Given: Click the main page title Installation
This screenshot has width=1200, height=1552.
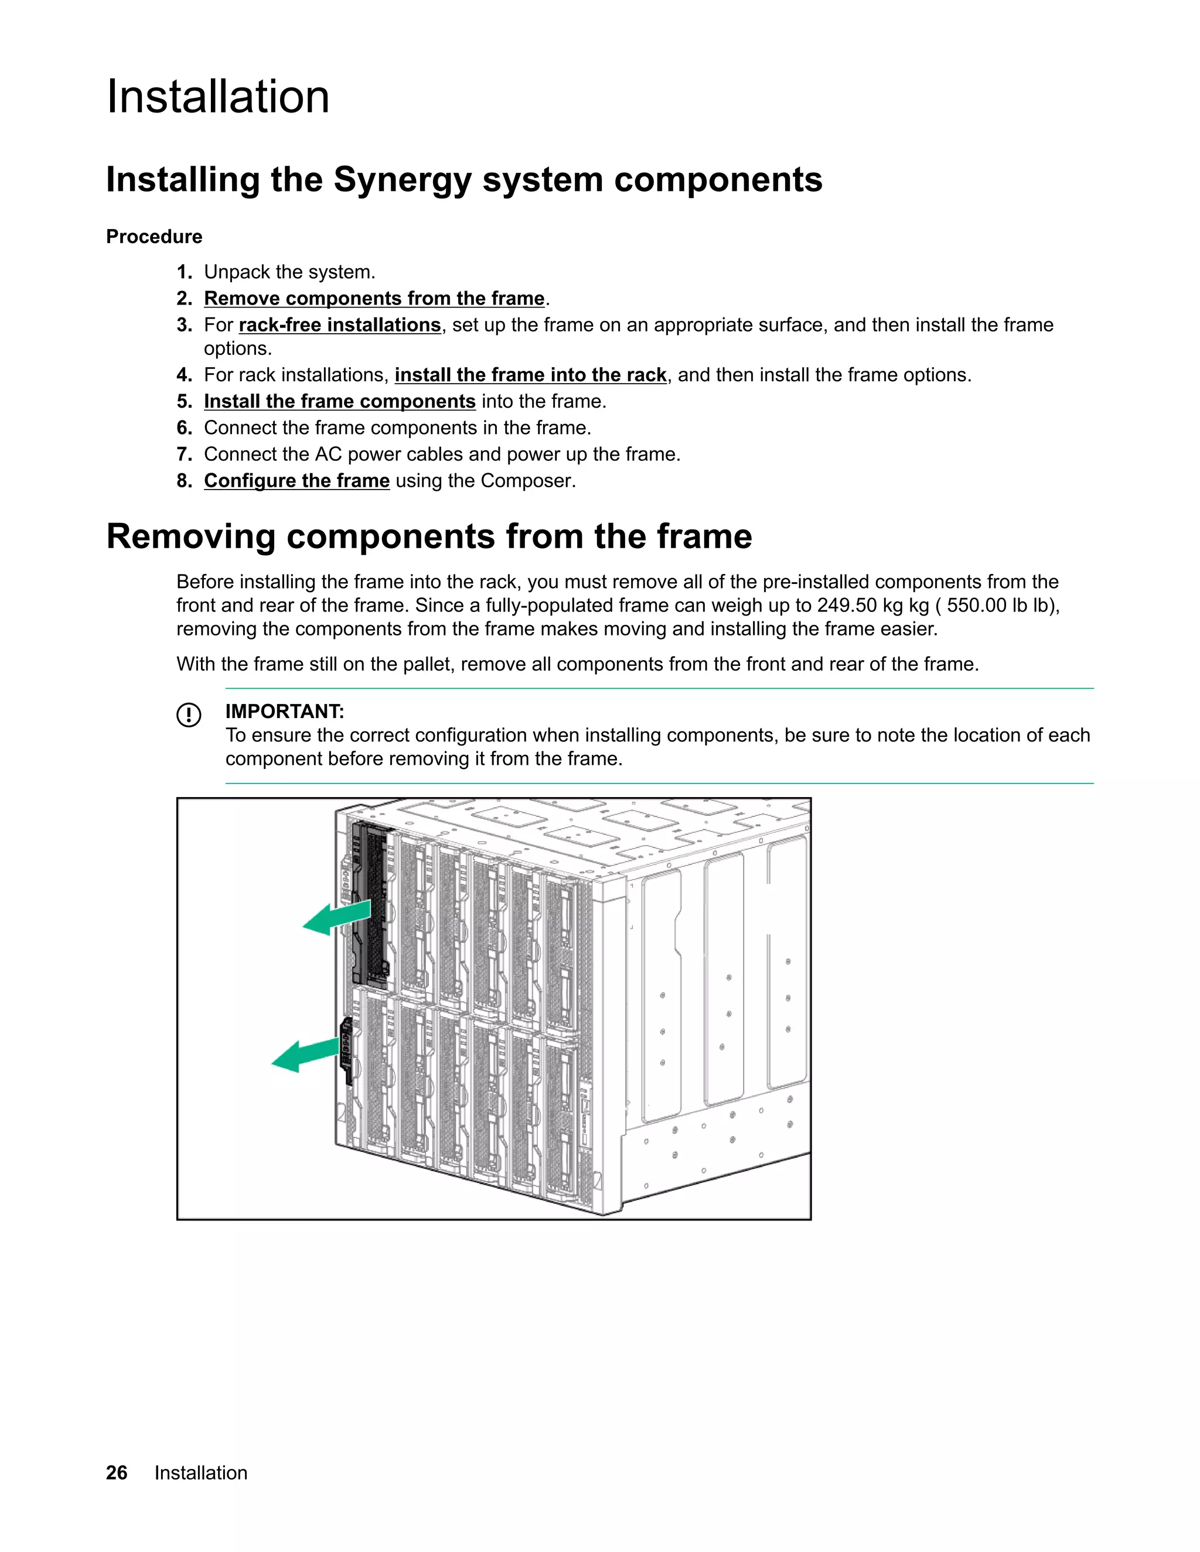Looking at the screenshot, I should [217, 97].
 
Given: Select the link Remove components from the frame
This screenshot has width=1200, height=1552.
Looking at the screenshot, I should [374, 299].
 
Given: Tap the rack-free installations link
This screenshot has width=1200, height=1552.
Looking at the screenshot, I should [340, 325].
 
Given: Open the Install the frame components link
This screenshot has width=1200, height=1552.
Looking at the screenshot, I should [339, 402].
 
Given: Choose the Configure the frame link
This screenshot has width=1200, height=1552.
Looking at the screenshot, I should [296, 481].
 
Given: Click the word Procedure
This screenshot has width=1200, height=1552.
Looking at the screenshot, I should [154, 237].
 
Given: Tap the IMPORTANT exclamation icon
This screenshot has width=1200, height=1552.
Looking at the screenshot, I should [189, 714].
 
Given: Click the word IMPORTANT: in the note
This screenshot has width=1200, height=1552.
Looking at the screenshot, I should [284, 712].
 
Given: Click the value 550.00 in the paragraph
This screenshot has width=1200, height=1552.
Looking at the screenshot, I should [976, 606].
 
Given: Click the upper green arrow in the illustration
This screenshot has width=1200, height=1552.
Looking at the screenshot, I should [337, 918].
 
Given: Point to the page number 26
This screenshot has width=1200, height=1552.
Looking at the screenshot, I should [117, 1473].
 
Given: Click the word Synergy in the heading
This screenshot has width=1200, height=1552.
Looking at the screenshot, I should [403, 179].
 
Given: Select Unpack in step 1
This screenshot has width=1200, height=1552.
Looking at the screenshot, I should [236, 272].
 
